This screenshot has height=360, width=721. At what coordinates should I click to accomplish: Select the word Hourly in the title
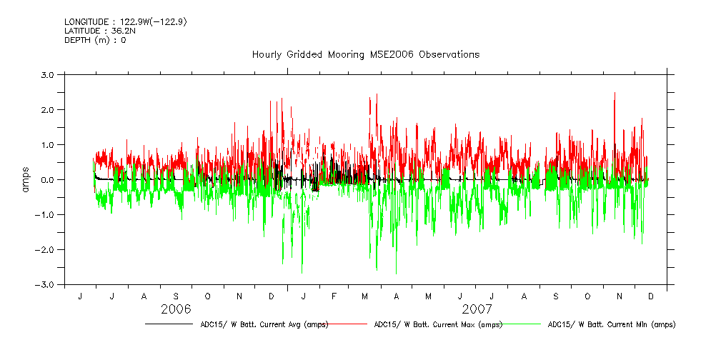click(267, 55)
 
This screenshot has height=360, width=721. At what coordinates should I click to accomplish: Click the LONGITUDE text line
click(126, 22)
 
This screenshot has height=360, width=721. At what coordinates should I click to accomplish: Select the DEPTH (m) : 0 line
click(95, 40)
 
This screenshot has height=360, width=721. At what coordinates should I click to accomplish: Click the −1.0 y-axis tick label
click(46, 214)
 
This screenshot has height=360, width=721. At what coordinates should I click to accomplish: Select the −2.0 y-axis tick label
click(46, 249)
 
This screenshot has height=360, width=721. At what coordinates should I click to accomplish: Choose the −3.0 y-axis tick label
click(46, 284)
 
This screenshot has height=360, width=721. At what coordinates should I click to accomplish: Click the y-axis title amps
click(26, 179)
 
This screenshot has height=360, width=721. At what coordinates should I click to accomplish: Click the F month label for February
click(334, 296)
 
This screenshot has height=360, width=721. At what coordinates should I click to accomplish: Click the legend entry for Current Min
click(611, 324)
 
